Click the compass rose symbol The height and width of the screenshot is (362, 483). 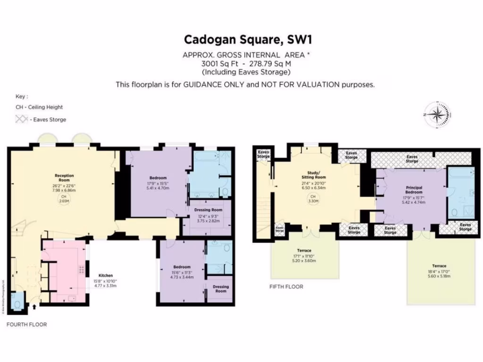tap(437, 115)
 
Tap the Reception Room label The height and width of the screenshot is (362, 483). tap(64, 177)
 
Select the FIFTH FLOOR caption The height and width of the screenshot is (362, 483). tap(286, 286)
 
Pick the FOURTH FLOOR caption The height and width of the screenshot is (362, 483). tap(26, 324)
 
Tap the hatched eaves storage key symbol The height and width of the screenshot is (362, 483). tap(21, 119)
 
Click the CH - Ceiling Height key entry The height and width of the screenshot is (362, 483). tap(39, 107)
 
